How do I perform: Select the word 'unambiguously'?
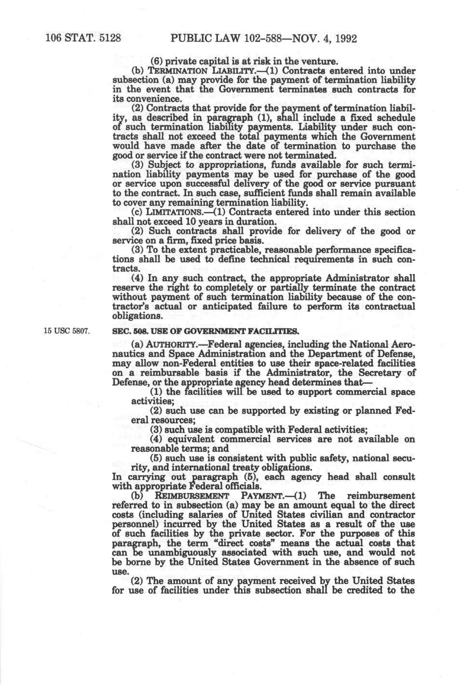click(170, 552)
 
